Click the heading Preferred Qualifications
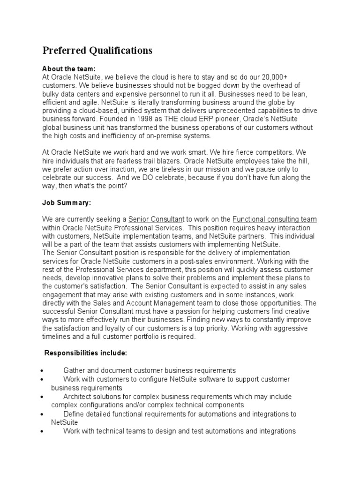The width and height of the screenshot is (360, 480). [97, 51]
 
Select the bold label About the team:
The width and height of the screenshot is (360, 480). [69, 68]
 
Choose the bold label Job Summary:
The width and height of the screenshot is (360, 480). [67, 203]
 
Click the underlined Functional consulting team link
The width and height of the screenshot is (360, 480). [274, 219]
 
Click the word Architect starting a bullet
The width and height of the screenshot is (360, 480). [78, 396]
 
